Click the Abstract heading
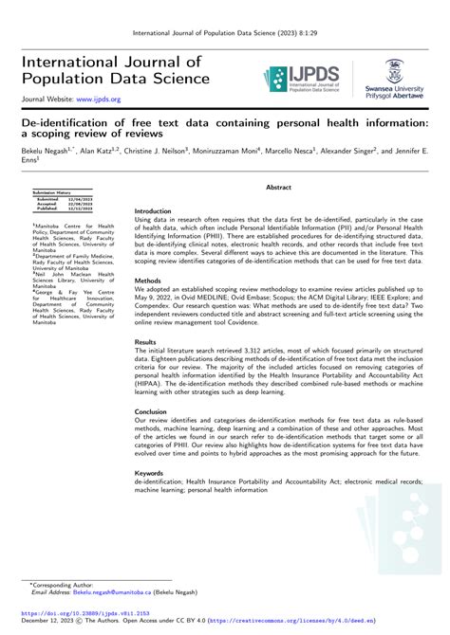278,162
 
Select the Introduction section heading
153,185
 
